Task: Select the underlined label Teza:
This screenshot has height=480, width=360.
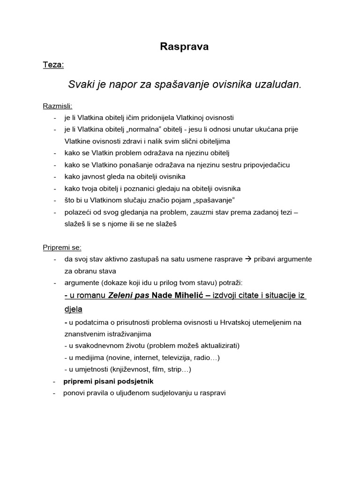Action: [53, 65]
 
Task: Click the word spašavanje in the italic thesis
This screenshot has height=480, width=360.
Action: [178, 84]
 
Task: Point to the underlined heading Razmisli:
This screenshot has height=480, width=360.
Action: [58, 106]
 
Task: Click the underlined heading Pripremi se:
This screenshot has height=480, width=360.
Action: [62, 247]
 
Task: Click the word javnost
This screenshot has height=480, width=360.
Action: [91, 177]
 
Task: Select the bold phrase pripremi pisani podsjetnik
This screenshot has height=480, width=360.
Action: [108, 381]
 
